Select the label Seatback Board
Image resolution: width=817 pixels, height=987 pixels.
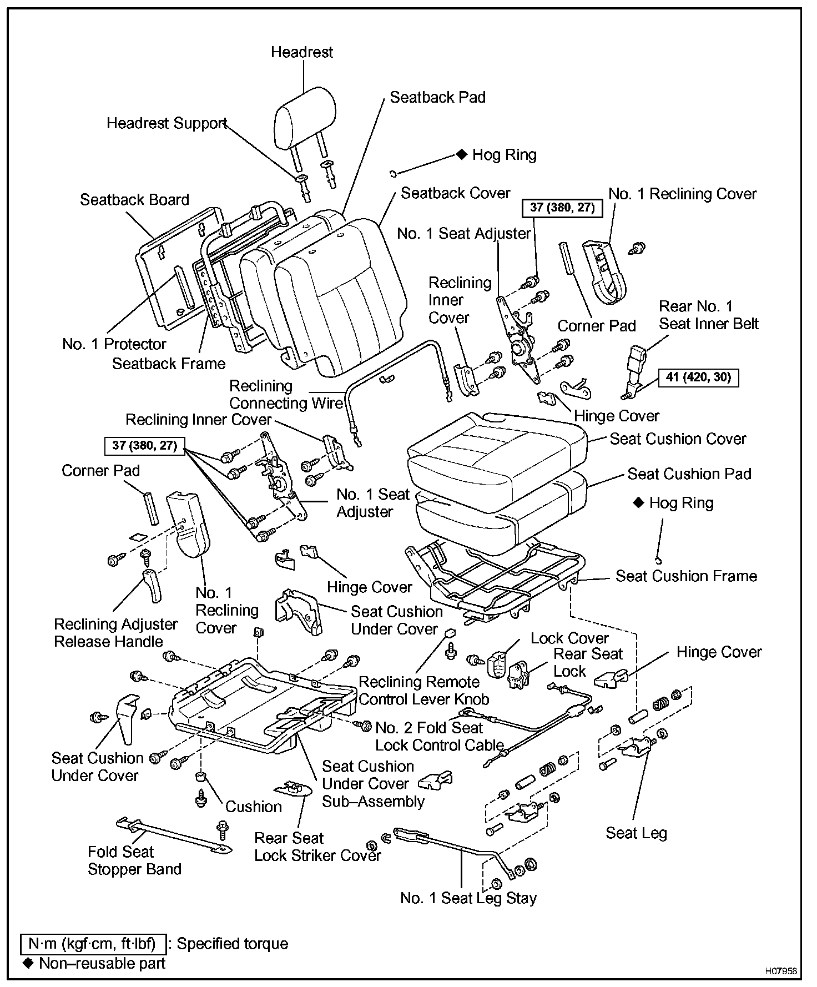pos(134,200)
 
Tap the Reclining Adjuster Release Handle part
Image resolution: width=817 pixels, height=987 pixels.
pos(152,585)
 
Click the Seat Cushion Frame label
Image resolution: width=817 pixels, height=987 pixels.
pos(686,576)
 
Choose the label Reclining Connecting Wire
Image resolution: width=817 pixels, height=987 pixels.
pos(286,395)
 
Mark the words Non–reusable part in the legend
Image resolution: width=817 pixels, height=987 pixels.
pos(102,963)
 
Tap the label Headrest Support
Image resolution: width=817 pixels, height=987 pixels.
pos(167,123)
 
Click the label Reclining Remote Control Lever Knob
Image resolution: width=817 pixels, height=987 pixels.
pos(423,691)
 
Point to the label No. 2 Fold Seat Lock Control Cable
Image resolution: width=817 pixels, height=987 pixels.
pos(439,736)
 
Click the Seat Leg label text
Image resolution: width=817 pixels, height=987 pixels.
pos(636,833)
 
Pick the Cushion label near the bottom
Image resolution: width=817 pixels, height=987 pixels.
pos(254,807)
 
